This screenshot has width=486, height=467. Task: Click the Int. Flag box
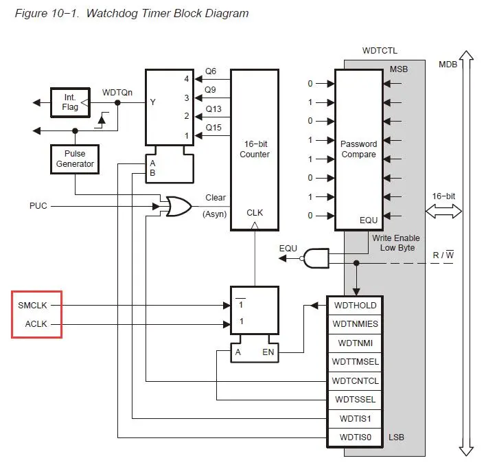pyautogui.click(x=70, y=102)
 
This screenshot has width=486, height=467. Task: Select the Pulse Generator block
pyautogui.click(x=75, y=159)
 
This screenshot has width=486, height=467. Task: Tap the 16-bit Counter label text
pyautogui.click(x=254, y=149)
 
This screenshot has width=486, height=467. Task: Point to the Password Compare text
pyautogui.click(x=358, y=149)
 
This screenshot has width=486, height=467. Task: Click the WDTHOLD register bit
pyautogui.click(x=355, y=305)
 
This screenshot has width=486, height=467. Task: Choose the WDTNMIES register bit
pyautogui.click(x=355, y=323)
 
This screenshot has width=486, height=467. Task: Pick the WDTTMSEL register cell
pyautogui.click(x=355, y=361)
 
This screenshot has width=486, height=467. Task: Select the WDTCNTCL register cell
pyautogui.click(x=355, y=380)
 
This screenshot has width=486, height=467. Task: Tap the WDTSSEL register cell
pyautogui.click(x=355, y=399)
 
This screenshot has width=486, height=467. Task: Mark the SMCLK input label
pyautogui.click(x=33, y=305)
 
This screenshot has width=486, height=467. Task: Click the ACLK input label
pyautogui.click(x=36, y=323)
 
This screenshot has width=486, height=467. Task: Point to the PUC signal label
pyautogui.click(x=38, y=205)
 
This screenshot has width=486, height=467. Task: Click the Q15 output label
pyautogui.click(x=214, y=128)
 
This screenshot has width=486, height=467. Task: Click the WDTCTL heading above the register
pyautogui.click(x=380, y=51)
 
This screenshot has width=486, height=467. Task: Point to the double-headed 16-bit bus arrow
pyautogui.click(x=444, y=212)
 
